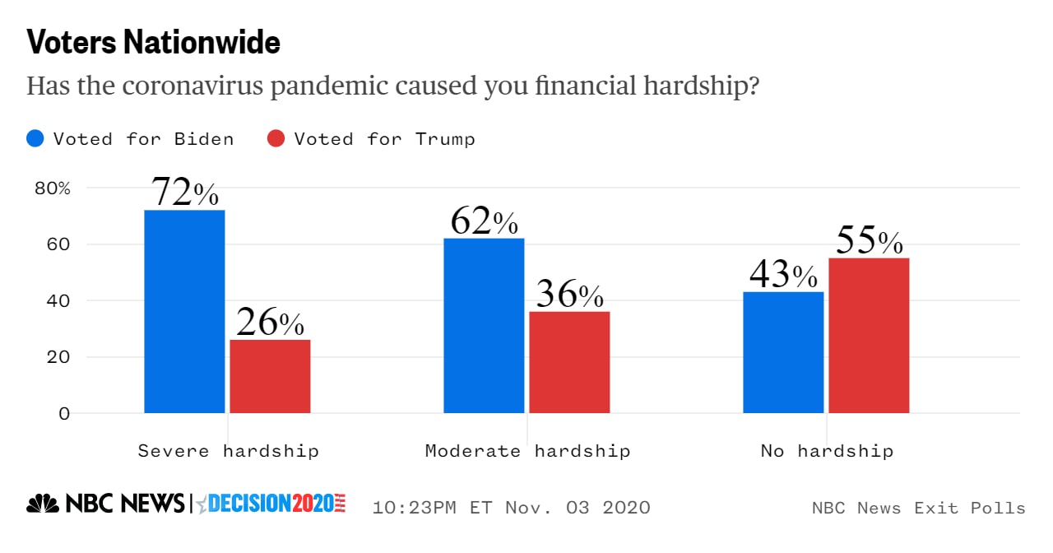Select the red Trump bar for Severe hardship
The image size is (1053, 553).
tap(270, 376)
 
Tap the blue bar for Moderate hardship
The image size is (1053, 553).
tap(484, 325)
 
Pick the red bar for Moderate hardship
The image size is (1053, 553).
tap(569, 362)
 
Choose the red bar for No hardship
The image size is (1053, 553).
tap(869, 335)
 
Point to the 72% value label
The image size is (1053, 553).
tap(185, 193)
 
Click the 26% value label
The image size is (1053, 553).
tap(270, 323)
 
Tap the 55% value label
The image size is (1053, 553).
tap(870, 240)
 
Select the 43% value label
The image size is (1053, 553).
tap(783, 274)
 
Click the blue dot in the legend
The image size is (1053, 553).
tap(35, 138)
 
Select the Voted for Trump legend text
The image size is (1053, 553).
tap(384, 138)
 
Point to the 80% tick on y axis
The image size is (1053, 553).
tap(53, 188)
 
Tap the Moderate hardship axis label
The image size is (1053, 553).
tap(527, 451)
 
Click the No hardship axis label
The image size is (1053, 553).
tap(827, 451)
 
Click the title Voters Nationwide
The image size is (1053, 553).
tap(154, 43)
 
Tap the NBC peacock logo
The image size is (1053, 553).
tap(43, 504)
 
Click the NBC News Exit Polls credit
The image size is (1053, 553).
tap(918, 508)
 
